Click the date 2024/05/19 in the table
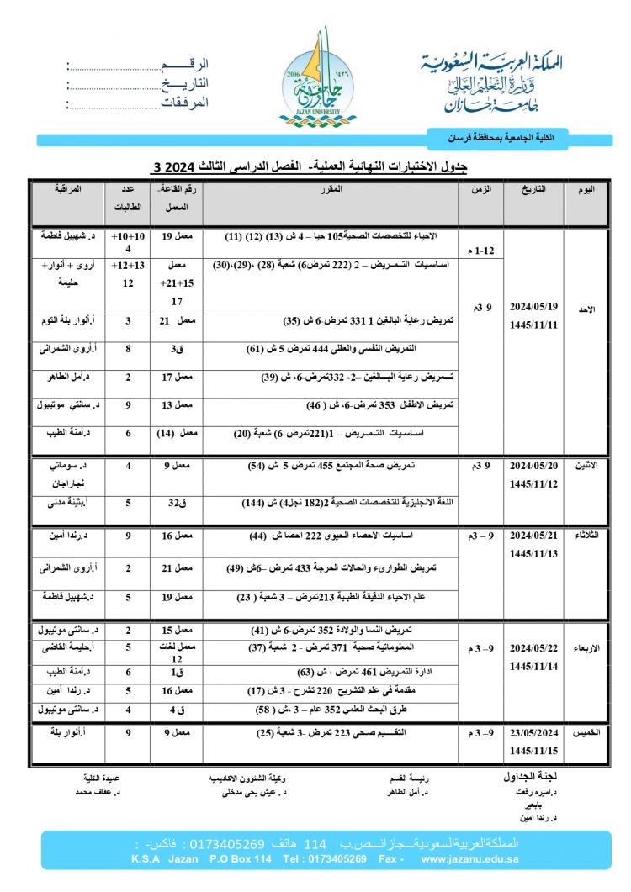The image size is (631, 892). [533, 306]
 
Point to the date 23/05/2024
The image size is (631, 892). [533, 732]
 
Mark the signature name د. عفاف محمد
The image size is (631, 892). [95, 793]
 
